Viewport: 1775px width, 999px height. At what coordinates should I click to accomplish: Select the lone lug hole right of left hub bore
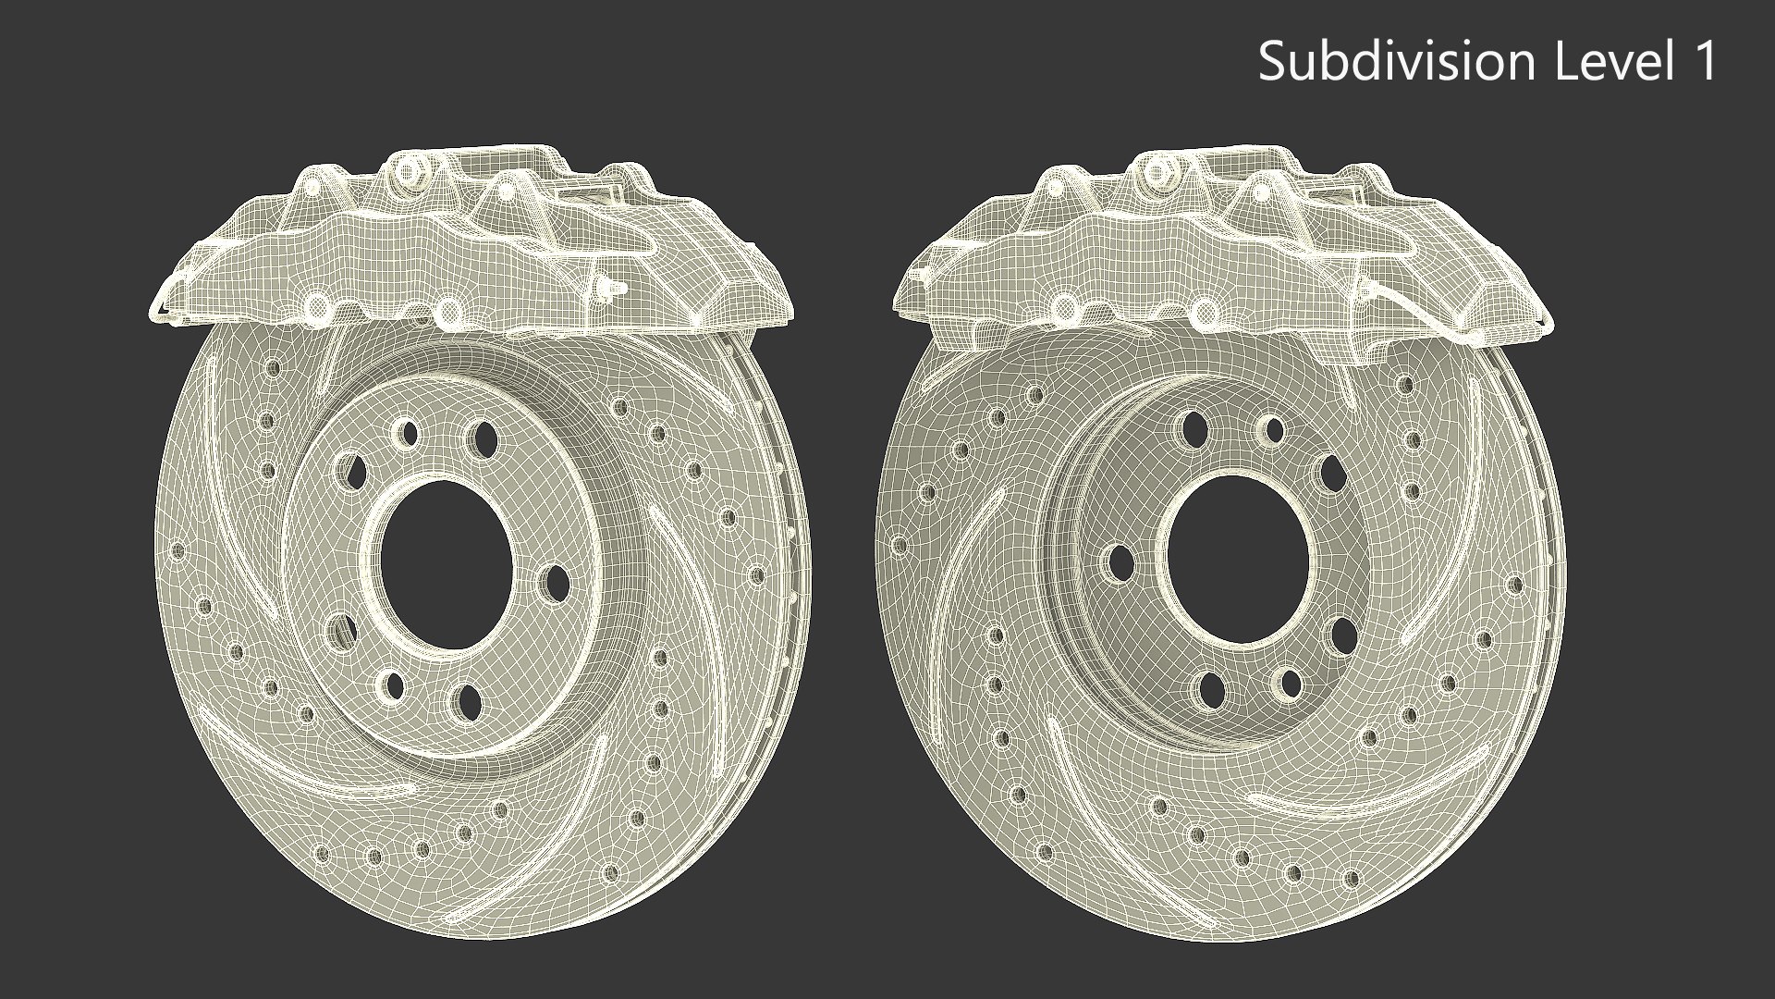click(x=557, y=581)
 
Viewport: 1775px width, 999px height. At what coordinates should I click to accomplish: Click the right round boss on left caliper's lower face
click(x=448, y=311)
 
